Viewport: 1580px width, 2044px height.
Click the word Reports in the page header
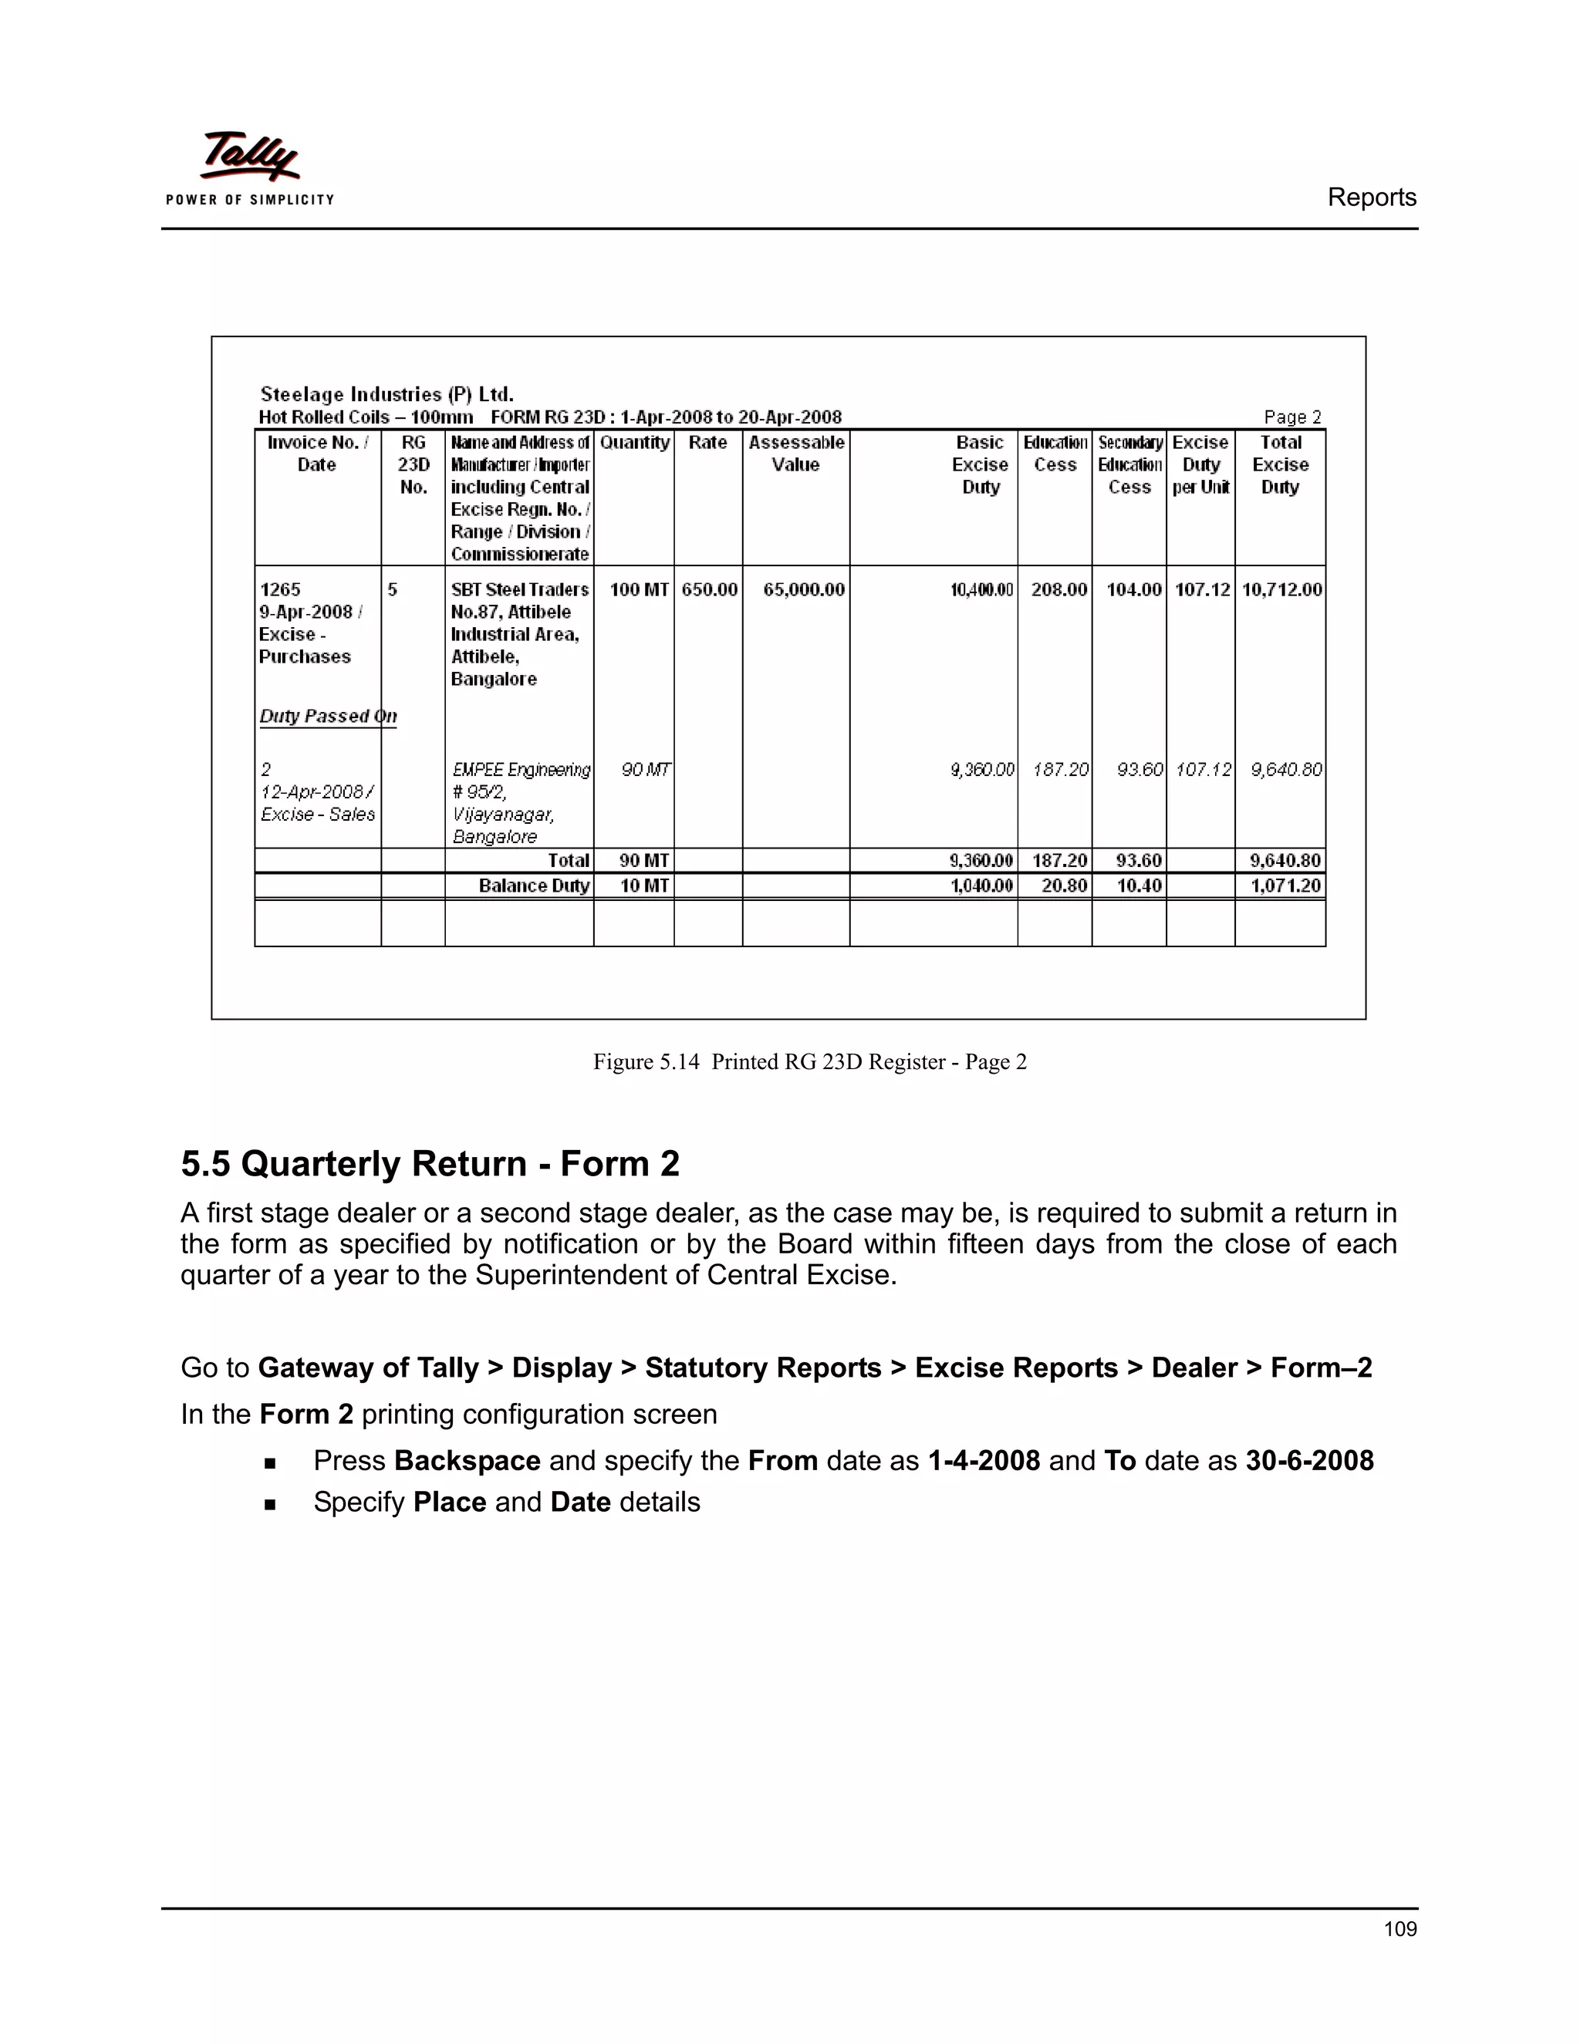click(1371, 197)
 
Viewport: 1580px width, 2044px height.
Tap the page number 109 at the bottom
click(1400, 1928)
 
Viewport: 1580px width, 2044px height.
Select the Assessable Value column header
click(795, 454)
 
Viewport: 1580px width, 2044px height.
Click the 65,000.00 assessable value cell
click(803, 589)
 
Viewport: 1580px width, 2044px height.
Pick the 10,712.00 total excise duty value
click(1281, 589)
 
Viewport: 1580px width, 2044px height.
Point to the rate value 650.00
click(708, 589)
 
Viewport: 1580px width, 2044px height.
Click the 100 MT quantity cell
click(638, 589)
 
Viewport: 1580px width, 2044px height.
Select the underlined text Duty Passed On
click(328, 716)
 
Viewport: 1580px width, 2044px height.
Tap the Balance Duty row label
click(534, 885)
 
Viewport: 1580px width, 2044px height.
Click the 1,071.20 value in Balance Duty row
click(1285, 885)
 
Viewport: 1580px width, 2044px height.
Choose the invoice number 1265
click(280, 589)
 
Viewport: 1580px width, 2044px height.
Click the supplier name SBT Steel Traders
click(519, 589)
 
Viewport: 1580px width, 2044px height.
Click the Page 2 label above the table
click(1291, 417)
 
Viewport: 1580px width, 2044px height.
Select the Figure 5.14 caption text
click(809, 1061)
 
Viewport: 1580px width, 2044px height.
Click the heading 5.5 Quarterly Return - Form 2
click(430, 1163)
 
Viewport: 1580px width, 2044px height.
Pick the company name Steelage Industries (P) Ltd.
click(387, 394)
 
